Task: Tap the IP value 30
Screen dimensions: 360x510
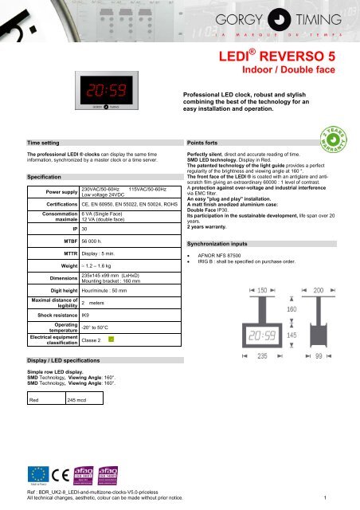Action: click(x=85, y=228)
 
